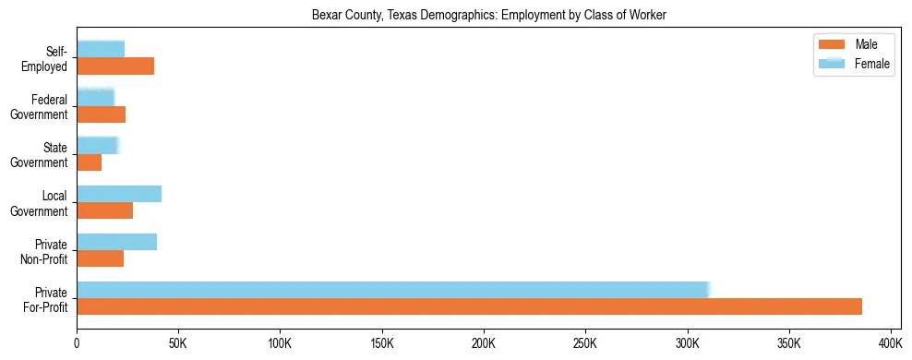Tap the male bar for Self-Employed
pos(115,66)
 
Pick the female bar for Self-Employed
pos(101,49)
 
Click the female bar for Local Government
pos(119,194)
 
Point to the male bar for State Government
pos(90,162)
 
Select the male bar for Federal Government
pos(102,114)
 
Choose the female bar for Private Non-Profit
pos(117,242)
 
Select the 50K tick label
pos(178,343)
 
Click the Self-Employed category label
pos(46,58)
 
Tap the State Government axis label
pos(40,155)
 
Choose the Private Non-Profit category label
pos(44,251)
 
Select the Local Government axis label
pos(40,203)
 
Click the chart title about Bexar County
pos(489,15)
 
